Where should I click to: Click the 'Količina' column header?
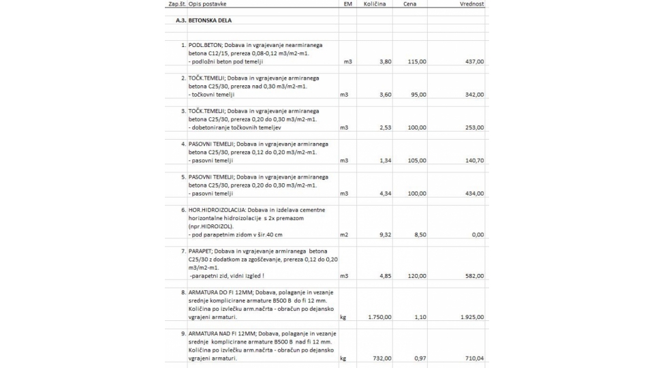375,4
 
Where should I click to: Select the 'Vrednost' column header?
471,4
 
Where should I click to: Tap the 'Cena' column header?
409,4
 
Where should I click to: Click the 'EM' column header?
348,4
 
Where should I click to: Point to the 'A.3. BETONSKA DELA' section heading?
204,20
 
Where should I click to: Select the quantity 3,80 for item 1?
385,61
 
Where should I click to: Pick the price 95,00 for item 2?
418,95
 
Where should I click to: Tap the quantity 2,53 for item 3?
385,127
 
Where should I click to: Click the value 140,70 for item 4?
473,161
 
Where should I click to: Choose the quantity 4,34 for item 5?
385,194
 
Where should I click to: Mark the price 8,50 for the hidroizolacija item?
420,234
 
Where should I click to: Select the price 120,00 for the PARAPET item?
417,276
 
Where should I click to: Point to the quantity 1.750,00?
379,317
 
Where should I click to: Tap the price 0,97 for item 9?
420,358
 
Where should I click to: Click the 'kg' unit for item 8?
343,317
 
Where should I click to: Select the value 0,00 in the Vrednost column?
478,234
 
